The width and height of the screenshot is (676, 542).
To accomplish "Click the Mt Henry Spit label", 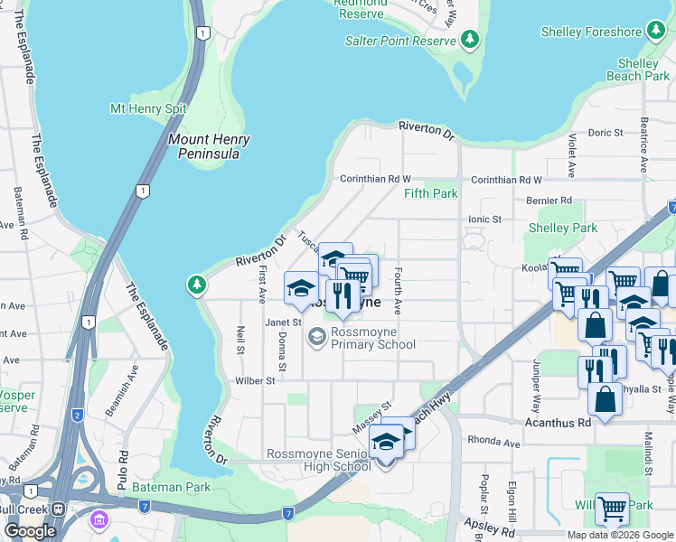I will pos(148,108).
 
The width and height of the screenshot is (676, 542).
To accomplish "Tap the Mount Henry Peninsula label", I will pos(209,146).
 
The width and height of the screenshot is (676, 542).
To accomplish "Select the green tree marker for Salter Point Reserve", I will pos(469,39).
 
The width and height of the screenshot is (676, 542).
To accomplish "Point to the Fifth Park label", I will pos(430,193).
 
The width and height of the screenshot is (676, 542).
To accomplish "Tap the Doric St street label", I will pos(606,133).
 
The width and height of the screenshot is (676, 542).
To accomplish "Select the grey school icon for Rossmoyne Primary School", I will pos(316,337).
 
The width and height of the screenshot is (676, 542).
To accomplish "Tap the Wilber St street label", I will pos(257,381).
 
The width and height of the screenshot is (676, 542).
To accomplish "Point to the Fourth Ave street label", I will pos(396,295).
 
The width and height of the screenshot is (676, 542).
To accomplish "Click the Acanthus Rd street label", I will pos(558,422).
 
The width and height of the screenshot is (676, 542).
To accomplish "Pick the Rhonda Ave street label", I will pos(493,443).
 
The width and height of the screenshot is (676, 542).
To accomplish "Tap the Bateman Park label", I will pos(171,487).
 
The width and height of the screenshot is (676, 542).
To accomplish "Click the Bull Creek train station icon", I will pos(59,509).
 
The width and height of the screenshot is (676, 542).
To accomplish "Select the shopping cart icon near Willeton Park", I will pos(612,509).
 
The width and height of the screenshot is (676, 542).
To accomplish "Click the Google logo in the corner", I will pos(30,530).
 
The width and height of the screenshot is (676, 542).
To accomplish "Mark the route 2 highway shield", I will pos(78,415).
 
